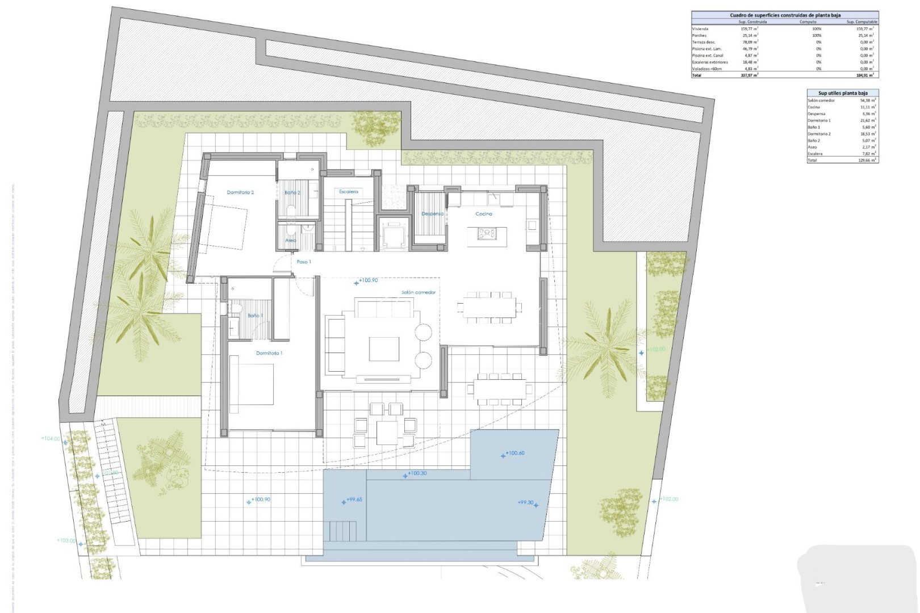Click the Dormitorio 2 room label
point(240,192)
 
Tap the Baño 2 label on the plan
point(292,193)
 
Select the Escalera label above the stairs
point(349,192)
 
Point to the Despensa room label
point(432,214)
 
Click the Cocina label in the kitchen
point(484,214)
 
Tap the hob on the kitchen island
point(487,233)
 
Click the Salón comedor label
point(419,292)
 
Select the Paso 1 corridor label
point(304,262)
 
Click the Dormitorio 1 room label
point(269,353)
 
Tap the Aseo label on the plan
point(291,241)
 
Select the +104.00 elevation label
point(51,438)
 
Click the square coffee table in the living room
point(384,349)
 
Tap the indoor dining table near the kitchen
point(489,308)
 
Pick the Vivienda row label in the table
point(700,28)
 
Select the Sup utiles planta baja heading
point(842,93)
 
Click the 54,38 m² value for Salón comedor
point(868,100)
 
